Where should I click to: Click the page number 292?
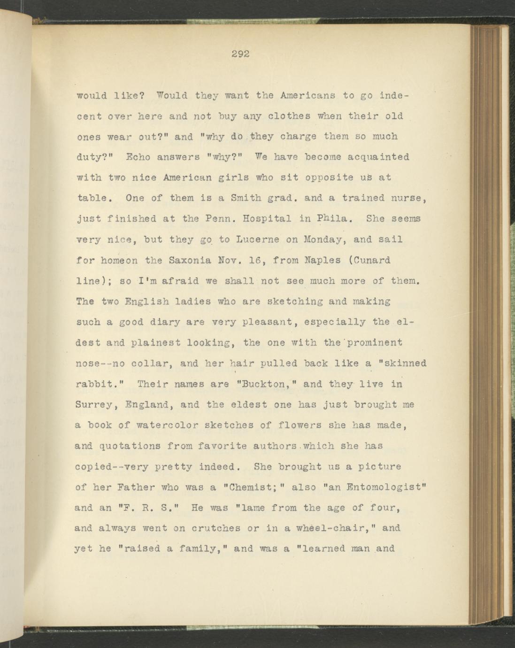pos(240,54)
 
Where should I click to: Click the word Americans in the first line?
pos(307,95)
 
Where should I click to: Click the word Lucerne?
pos(258,239)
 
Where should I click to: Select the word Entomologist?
pos(385,487)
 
